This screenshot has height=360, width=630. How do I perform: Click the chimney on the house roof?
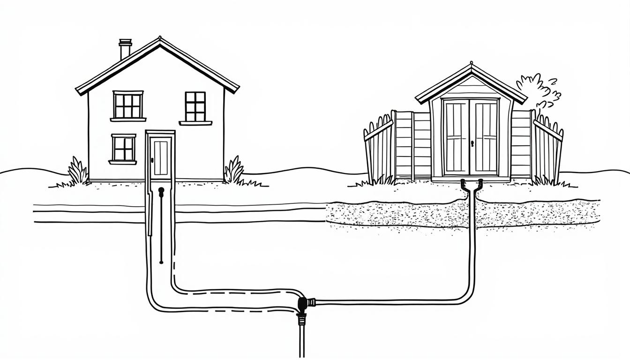click(x=125, y=49)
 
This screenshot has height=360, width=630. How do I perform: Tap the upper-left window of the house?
click(x=128, y=105)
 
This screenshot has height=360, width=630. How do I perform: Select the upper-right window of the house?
click(x=195, y=106)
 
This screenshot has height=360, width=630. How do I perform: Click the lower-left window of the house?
click(x=123, y=148)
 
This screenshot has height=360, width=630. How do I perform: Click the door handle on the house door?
click(x=152, y=161)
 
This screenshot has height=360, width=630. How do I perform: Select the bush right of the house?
click(x=234, y=171)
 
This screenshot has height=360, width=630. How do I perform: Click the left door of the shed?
click(x=456, y=137)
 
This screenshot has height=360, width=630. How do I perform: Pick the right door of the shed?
click(x=486, y=137)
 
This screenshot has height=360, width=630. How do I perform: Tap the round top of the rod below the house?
click(x=161, y=190)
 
